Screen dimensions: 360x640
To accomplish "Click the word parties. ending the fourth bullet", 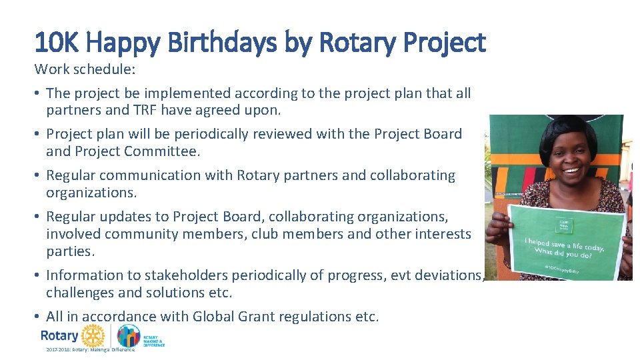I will tap(70, 251).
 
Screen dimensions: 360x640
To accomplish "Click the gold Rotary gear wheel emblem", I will tap(93, 335).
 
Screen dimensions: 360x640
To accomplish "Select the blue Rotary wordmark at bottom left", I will tap(59, 335).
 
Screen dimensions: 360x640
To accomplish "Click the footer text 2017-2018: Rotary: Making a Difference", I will tap(90, 349).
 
